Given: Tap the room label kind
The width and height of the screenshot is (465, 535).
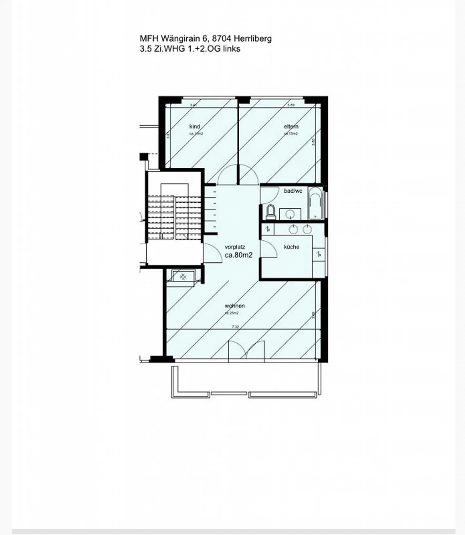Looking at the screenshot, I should coord(194,126).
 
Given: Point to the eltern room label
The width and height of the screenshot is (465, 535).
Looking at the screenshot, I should coord(291,126).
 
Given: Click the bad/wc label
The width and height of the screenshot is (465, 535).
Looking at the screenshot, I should coord(293,191).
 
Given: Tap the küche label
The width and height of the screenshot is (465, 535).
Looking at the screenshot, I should coord(291,247).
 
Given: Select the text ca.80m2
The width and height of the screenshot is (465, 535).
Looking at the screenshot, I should coord(238,255).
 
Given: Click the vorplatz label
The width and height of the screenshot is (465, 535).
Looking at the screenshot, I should coord(235,247).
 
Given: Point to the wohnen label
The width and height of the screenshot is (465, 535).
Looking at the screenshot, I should coord(235,306).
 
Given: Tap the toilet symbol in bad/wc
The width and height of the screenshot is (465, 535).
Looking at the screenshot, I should coord(270,212).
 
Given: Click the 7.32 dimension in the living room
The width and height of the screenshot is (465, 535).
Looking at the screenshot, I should coord(235,327).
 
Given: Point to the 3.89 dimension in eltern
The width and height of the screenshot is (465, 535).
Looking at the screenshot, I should coord(291,105).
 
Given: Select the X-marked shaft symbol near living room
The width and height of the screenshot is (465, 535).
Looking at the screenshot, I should coord(183,277).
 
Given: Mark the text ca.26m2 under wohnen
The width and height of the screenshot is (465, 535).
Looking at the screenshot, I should coord(232,313).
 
